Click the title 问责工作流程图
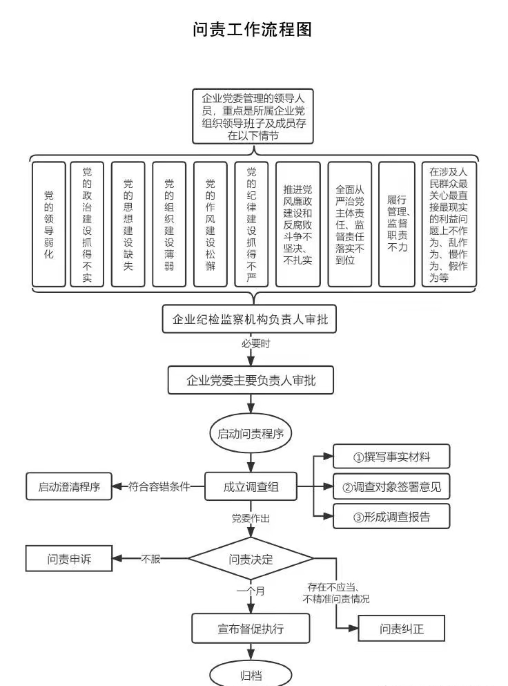coord(253,30)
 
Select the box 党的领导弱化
coord(49,225)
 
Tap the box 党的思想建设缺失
coord(128,225)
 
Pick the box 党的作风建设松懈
coord(210,225)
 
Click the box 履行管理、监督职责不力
coord(398,225)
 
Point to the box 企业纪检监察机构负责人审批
coord(250,320)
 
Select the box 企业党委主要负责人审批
coord(251,380)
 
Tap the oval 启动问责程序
coord(251,434)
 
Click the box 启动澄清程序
coord(69,486)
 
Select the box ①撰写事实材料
coord(391,457)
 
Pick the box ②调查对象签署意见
coord(391,486)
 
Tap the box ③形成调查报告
coord(391,516)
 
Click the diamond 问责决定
coord(251,559)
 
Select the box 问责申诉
coord(69,559)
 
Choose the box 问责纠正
coord(401,629)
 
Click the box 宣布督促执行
coord(251,629)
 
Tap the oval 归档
coord(251,675)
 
